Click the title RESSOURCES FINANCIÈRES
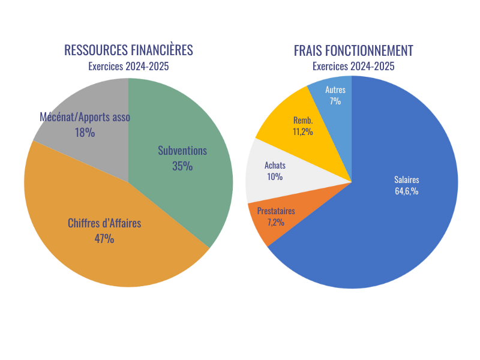click(x=128, y=50)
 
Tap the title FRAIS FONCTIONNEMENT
click(x=353, y=50)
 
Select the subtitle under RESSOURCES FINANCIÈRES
click(x=128, y=67)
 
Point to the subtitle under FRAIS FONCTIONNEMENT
click(x=353, y=67)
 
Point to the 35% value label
click(x=182, y=166)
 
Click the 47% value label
click(x=104, y=239)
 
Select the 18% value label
click(x=85, y=133)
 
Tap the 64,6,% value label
click(x=406, y=191)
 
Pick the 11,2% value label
click(x=303, y=132)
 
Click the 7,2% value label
click(x=275, y=223)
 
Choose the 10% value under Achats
click(x=275, y=177)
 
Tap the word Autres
click(x=335, y=89)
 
